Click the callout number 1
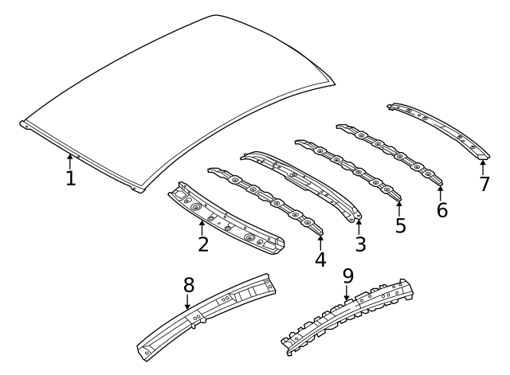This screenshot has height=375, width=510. [70, 178]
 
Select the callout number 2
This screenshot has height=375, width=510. [203, 244]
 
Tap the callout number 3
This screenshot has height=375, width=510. [360, 244]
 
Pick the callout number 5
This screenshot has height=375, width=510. [400, 225]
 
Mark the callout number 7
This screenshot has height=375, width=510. [484, 185]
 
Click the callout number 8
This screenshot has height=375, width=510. [188, 284]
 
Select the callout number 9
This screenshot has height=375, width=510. [347, 276]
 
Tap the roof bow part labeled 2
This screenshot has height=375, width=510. [227, 223]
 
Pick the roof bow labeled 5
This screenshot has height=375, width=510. [351, 171]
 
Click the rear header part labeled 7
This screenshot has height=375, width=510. [438, 127]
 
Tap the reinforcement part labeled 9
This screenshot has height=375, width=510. [351, 314]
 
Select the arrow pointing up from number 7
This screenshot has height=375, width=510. [483, 166]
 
